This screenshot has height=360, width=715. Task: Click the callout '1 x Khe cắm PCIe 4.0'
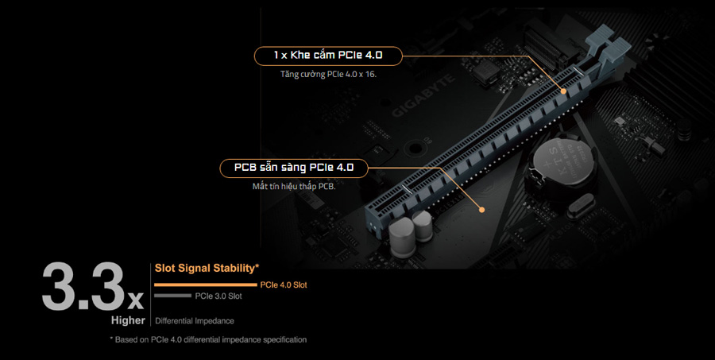(328, 56)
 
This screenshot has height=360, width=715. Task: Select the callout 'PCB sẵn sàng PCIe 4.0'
(294, 168)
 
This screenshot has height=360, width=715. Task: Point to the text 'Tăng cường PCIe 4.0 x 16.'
(328, 74)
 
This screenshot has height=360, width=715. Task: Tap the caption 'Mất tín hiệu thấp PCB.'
(294, 186)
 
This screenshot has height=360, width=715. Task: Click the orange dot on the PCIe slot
(563, 91)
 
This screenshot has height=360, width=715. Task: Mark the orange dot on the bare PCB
(481, 210)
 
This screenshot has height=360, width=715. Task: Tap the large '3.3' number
(83, 287)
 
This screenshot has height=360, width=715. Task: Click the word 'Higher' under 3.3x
(128, 320)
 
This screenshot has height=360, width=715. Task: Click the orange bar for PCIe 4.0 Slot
(206, 285)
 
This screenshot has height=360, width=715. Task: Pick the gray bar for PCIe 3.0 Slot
(173, 296)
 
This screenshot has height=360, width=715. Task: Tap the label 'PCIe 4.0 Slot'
(284, 285)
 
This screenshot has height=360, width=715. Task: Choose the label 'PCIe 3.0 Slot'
(218, 296)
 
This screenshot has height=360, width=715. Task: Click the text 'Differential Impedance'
(195, 321)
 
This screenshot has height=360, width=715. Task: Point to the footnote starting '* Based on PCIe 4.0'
(208, 339)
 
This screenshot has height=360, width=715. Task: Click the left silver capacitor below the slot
(402, 237)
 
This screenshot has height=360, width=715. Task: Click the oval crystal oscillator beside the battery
(581, 206)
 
